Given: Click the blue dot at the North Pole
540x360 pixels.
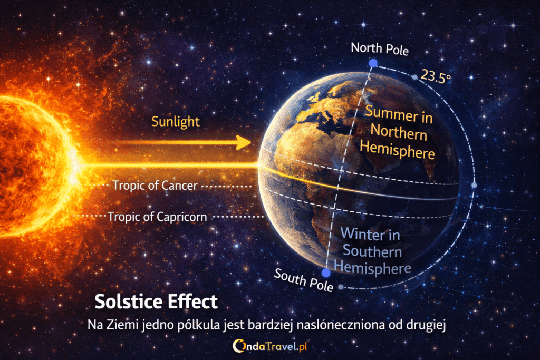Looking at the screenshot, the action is click(373, 63).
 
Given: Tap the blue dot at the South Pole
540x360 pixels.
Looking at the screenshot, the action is click(326, 273).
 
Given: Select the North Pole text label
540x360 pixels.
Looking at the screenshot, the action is click(380, 48).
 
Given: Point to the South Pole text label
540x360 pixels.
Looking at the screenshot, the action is click(303, 280).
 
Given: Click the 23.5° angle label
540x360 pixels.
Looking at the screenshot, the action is click(436, 76).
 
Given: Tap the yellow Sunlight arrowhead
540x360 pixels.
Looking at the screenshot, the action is click(244, 142).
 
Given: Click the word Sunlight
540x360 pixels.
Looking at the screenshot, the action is click(175, 122).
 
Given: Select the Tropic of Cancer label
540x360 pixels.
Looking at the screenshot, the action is click(155, 186).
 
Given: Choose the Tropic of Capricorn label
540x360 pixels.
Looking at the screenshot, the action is click(157, 217).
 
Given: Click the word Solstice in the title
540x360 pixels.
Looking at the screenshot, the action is click(128, 301).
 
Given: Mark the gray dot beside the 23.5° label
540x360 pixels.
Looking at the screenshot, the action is click(415, 77).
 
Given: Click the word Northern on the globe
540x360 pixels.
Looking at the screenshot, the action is click(399, 132).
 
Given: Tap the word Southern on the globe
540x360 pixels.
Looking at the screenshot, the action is click(372, 251).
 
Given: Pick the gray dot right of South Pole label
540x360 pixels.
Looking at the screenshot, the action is click(341, 287).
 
